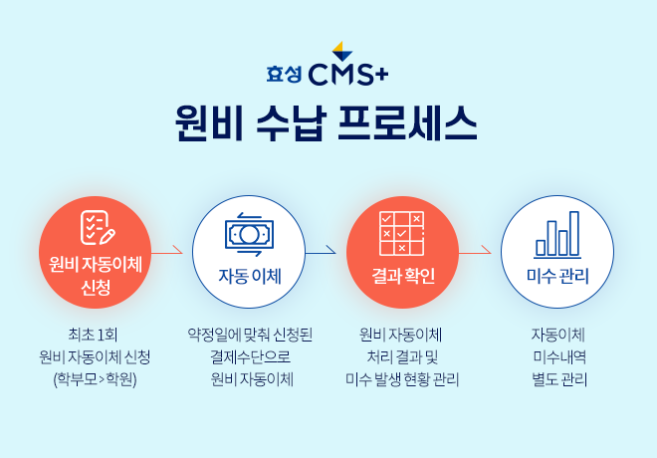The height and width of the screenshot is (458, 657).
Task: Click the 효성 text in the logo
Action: point(284,75)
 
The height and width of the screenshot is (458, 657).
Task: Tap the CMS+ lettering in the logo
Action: point(348,74)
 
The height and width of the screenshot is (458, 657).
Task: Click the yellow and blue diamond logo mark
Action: point(341,51)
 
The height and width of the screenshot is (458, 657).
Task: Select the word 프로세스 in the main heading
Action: point(407,123)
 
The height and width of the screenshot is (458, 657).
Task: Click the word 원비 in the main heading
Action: point(209,123)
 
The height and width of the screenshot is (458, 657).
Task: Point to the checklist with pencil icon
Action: point(98,228)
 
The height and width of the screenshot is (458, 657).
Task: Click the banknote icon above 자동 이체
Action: point(249,234)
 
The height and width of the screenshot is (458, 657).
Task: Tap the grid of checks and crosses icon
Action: point(402,233)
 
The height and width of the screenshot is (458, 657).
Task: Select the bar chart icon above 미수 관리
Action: point(557,234)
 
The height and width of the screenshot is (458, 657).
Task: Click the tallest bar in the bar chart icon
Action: point(574,233)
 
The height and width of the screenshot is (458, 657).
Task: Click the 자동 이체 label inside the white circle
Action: point(250,277)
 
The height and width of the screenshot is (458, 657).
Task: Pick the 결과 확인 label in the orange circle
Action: point(403,276)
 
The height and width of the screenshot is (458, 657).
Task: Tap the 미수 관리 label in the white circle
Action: point(557,276)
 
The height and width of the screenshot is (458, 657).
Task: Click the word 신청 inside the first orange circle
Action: point(96,288)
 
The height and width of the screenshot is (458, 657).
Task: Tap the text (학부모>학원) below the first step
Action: point(96,379)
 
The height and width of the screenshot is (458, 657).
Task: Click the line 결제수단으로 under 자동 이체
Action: point(250,357)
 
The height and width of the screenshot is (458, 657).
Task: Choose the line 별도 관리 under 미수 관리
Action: point(559,379)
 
